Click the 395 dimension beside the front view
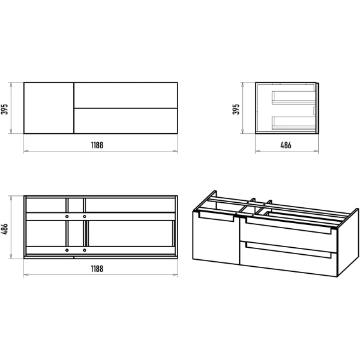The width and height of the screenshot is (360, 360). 4,109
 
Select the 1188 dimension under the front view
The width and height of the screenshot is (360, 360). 97,145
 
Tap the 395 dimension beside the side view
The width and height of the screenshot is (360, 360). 236,109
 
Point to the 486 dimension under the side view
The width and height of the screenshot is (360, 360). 286,145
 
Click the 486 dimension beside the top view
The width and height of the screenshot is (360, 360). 4,229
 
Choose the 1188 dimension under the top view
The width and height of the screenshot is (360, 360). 97,269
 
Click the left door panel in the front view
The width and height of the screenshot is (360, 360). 49,108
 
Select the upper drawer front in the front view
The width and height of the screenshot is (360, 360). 126,95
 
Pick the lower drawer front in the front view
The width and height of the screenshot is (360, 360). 126,121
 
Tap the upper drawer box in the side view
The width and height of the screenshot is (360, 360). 293,98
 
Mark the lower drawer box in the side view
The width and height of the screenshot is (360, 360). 293,124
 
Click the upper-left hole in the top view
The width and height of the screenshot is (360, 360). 67,217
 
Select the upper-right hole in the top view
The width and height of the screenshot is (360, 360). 84,217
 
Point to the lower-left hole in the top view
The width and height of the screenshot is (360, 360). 67,250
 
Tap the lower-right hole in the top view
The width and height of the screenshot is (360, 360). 84,250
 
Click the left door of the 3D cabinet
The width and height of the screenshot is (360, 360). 216,239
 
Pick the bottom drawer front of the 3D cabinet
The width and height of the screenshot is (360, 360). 288,259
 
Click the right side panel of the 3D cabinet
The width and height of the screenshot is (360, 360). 348,243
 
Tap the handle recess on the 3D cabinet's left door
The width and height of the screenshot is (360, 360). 216,217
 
